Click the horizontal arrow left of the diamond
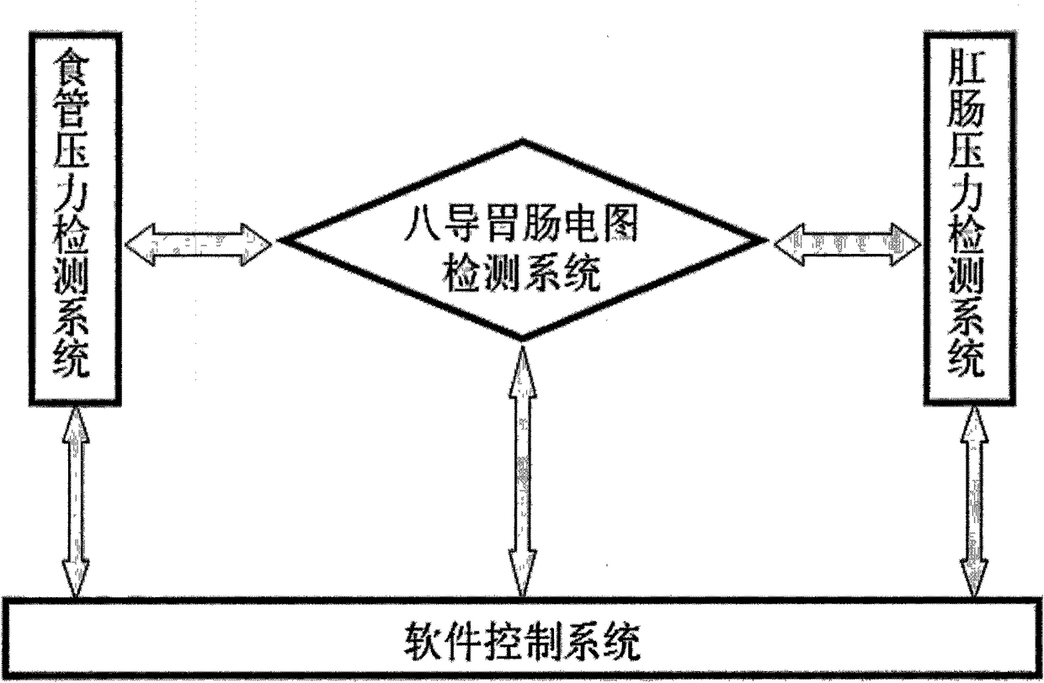pyautogui.click(x=198, y=244)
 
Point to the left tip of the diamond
pyautogui.click(x=280, y=242)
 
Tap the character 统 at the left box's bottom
pyautogui.click(x=73, y=363)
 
